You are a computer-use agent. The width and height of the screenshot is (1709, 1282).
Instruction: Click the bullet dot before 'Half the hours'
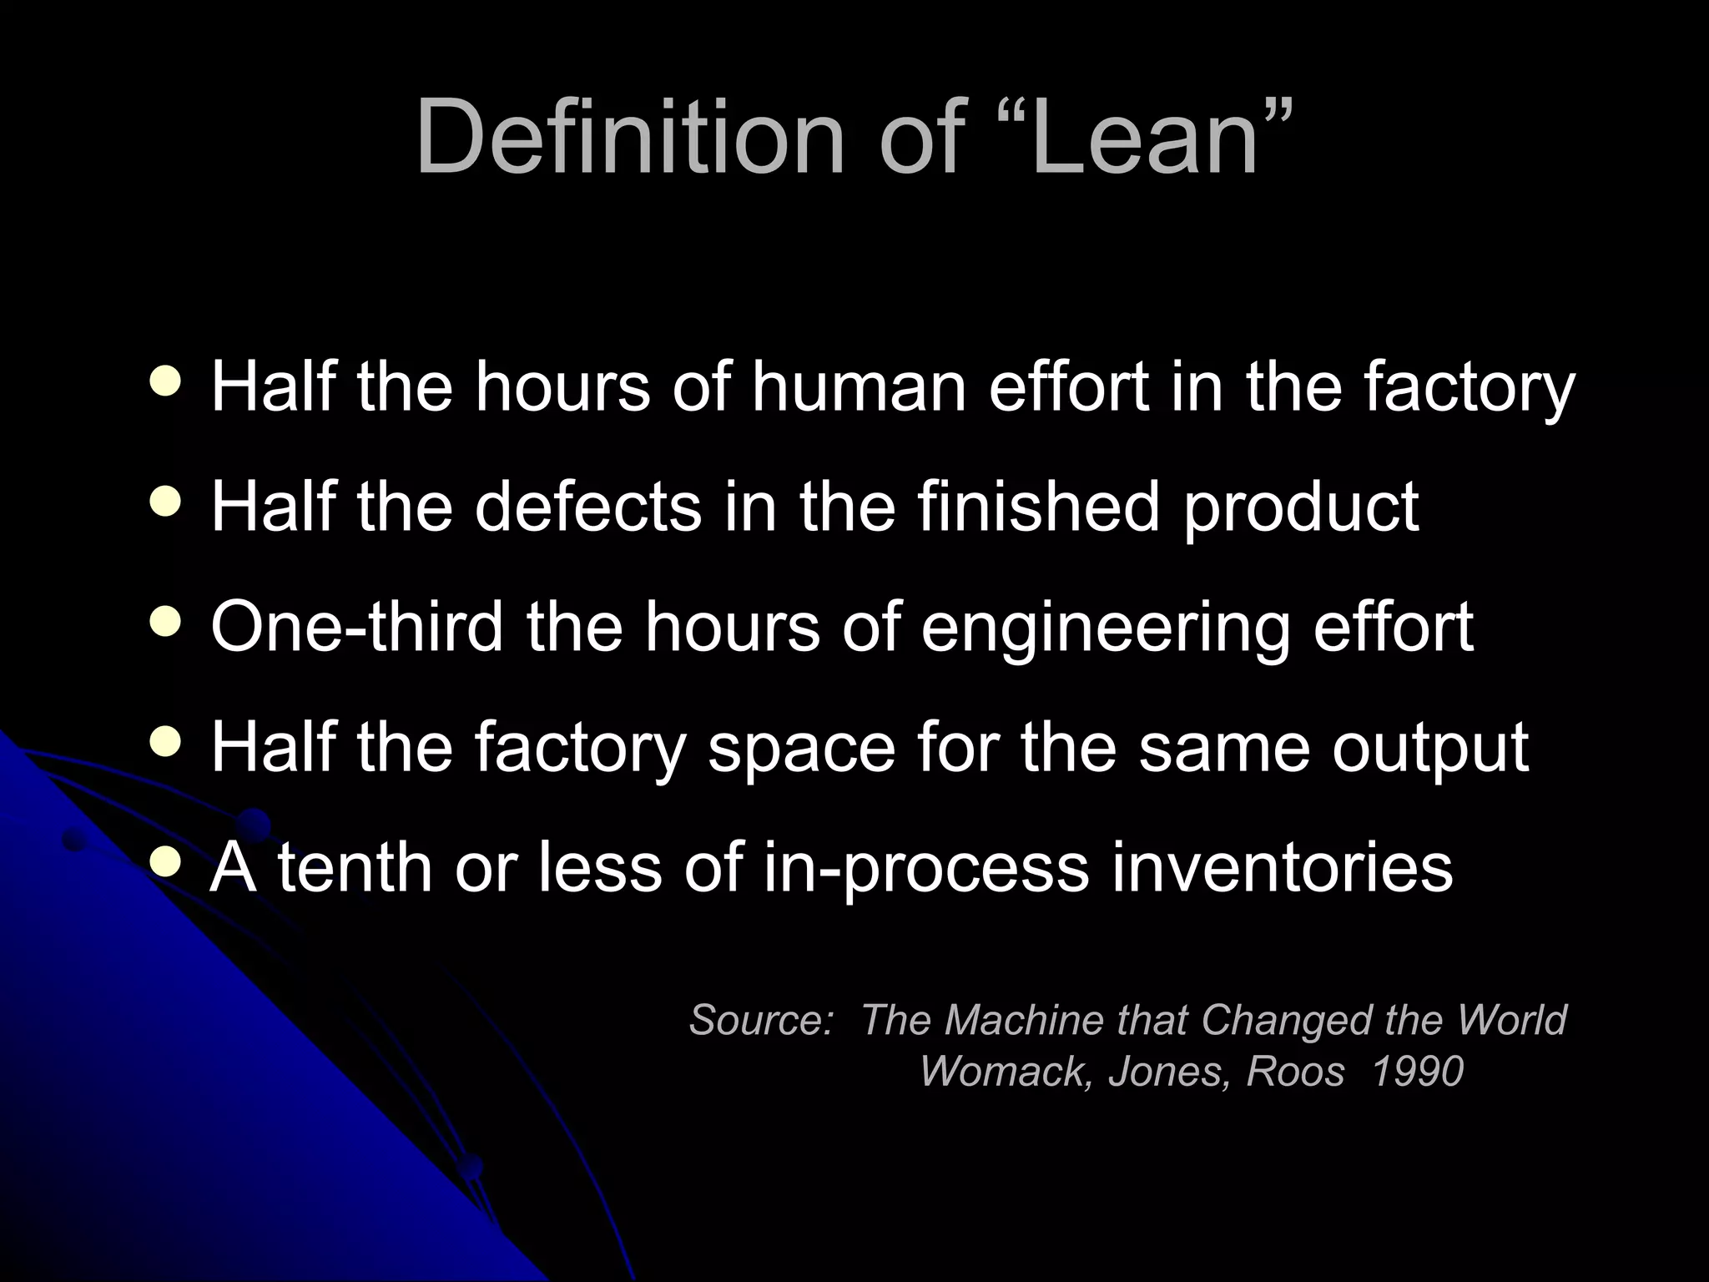coord(166,382)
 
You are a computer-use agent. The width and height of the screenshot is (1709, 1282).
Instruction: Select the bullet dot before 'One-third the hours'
coord(166,623)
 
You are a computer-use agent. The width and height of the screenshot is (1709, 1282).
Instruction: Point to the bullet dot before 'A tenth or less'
coord(166,863)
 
